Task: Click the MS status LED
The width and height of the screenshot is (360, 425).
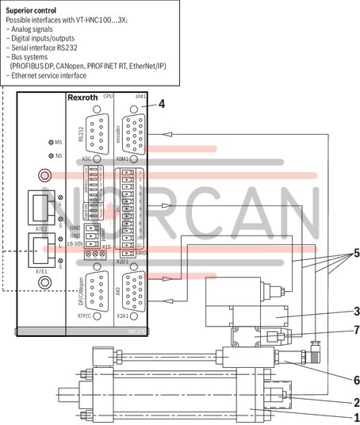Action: click(52, 141)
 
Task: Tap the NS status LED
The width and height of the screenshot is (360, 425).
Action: click(52, 155)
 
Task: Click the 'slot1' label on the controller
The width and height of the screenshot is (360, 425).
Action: click(140, 95)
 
